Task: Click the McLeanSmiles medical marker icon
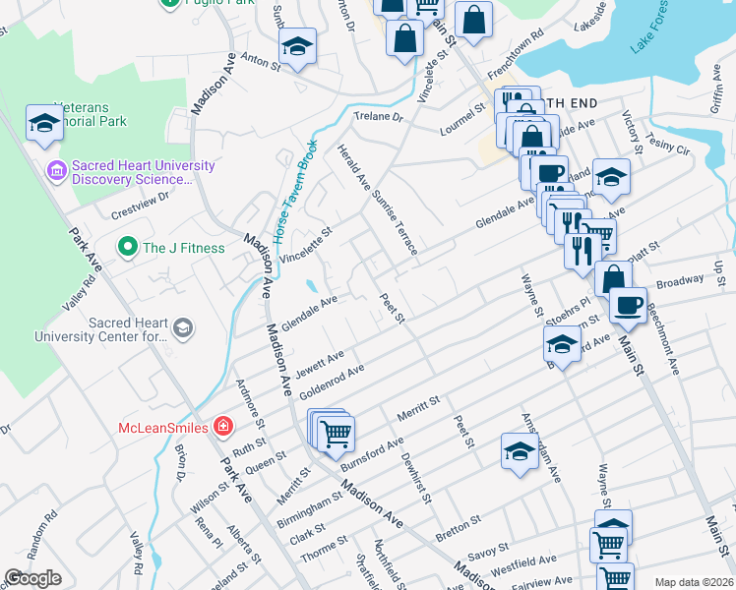223,427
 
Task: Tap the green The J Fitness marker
126,248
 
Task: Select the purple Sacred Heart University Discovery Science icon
56,171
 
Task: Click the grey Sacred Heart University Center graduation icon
182,326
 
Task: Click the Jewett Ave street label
320,365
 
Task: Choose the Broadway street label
680,281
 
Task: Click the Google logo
32,578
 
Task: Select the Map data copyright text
693,582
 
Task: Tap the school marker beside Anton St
294,47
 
